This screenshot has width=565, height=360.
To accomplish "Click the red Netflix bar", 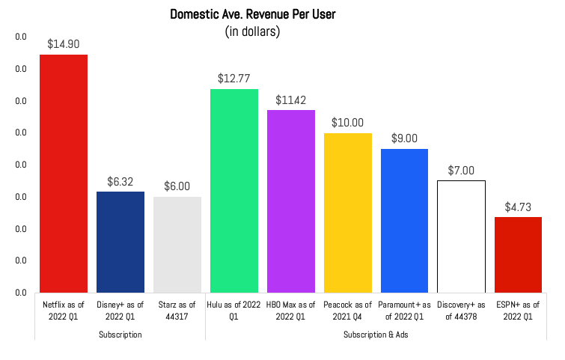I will [x=64, y=174].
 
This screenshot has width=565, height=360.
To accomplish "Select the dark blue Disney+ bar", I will [x=120, y=242].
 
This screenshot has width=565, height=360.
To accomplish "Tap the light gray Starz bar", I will [x=177, y=245].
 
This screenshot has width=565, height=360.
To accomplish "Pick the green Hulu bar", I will [x=234, y=191].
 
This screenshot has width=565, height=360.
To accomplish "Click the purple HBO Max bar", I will [x=291, y=201].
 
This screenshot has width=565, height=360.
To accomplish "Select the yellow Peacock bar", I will [x=348, y=213].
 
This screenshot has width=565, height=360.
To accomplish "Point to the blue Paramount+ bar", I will [x=405, y=221].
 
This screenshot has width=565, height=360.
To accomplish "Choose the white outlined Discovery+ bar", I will [x=462, y=237].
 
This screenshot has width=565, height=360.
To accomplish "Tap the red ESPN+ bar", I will [x=518, y=254].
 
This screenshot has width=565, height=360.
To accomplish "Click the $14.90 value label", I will [x=64, y=44].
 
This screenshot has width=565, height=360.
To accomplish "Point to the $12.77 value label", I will [x=234, y=78].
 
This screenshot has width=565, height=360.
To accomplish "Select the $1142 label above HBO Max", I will [x=291, y=100].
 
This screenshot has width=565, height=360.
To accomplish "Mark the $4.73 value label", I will [x=518, y=207].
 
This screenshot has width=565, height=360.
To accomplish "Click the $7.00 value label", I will [x=462, y=170].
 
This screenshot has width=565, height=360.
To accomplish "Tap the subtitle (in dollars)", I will [x=252, y=31].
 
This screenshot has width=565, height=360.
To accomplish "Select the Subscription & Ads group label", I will [x=376, y=335].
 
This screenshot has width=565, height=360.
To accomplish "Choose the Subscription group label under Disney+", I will [x=120, y=335].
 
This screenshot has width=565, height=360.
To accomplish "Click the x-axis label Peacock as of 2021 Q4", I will [x=348, y=310].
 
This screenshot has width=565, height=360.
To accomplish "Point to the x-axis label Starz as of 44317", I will [x=177, y=310].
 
